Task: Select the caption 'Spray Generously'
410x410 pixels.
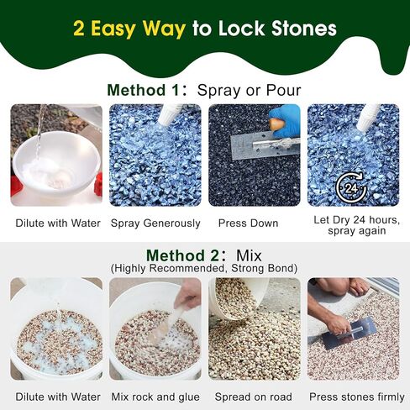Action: pos(155,223)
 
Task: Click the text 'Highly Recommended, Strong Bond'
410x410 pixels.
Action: pos(205,268)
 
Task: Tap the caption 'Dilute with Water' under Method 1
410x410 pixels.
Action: pos(57,223)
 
